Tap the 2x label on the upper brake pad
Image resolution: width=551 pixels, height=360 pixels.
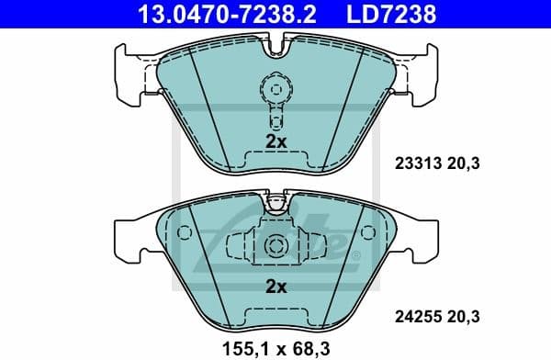pos(275,141)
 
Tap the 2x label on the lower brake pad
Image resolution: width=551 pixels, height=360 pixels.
pos(275,286)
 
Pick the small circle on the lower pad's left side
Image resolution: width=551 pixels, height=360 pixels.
pos(184,233)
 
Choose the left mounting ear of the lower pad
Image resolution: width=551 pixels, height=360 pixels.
pos(127,237)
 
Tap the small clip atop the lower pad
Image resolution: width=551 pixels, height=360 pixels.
pos(275,199)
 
